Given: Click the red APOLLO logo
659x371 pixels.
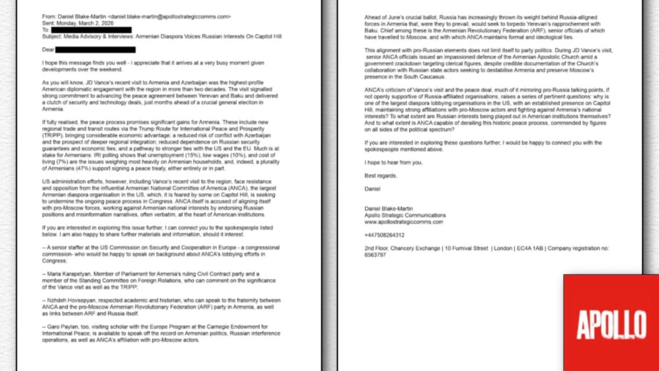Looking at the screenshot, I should (611, 323).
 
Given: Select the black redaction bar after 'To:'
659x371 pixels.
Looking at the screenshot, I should (91, 30).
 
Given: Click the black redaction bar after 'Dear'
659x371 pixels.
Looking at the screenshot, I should (95, 50).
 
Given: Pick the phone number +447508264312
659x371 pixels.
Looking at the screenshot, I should (384, 235).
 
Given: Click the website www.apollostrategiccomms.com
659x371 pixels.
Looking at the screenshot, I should (404, 222).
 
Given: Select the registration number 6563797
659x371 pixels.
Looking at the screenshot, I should (375, 255).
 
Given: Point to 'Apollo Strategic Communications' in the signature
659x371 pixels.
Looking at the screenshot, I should (405, 215).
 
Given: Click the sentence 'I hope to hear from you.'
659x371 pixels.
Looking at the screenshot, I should (393, 162).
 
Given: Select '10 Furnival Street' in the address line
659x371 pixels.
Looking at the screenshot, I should (466, 248).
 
